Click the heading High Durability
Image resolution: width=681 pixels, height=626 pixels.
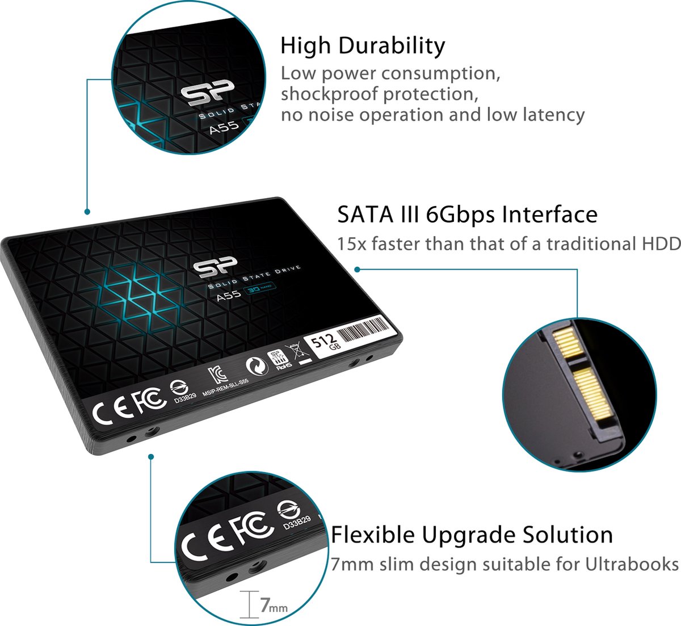coord(363,46)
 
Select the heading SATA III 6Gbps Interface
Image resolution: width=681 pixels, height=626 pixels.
coord(467,215)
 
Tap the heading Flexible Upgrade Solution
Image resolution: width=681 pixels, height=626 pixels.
coord(472,535)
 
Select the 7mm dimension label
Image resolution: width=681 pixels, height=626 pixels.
coord(272,606)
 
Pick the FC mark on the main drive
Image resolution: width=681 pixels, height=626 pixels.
coord(149,401)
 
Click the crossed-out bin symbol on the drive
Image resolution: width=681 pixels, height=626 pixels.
coord(296,352)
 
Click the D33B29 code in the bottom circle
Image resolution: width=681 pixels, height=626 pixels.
coord(297,524)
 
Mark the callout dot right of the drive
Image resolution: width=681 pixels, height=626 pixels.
coord(357,268)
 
